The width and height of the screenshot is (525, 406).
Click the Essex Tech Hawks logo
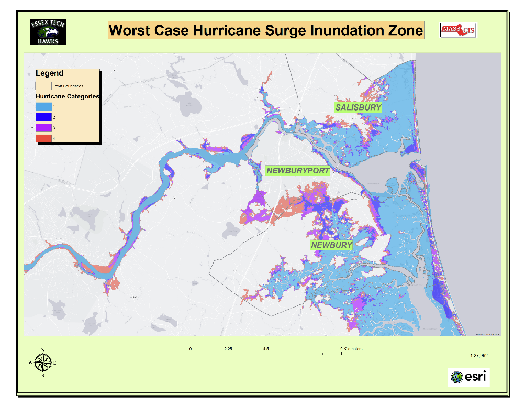click(48, 32)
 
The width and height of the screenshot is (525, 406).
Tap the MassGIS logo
click(457, 30)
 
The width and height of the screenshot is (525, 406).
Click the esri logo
click(468, 377)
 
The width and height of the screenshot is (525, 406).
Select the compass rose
click(43, 362)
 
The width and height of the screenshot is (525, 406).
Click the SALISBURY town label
click(358, 107)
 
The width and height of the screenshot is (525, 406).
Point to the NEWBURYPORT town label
click(298, 171)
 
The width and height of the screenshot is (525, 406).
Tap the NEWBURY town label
click(331, 245)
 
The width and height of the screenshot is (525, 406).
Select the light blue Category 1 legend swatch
click(43, 107)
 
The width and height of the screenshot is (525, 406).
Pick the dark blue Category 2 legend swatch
click(43, 117)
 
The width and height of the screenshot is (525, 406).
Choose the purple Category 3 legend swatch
click(43, 128)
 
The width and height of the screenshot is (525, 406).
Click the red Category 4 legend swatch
click(43, 138)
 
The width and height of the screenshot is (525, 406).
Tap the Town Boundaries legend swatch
click(43, 85)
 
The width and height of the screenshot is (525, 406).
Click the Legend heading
click(50, 73)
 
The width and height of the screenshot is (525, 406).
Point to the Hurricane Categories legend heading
click(67, 97)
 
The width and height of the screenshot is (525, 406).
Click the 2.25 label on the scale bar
click(228, 349)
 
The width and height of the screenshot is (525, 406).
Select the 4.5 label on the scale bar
click(266, 349)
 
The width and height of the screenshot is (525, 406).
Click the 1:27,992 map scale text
click(479, 355)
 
